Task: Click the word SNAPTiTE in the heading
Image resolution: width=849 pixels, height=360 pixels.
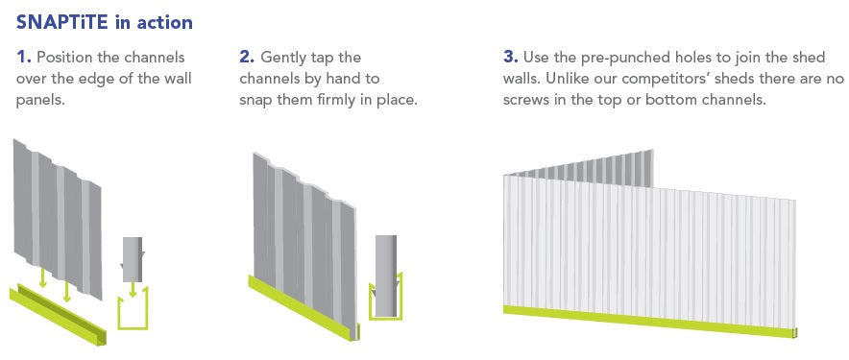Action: tap(62, 23)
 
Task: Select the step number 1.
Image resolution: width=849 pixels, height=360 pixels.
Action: tap(23, 58)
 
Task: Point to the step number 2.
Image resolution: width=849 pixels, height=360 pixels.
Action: tap(247, 58)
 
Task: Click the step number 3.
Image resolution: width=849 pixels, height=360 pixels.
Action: tap(511, 57)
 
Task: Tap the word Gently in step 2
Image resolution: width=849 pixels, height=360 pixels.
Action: tap(286, 58)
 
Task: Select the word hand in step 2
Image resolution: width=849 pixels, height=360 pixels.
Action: tap(343, 79)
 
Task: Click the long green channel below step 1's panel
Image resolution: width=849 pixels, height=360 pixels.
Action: tap(58, 315)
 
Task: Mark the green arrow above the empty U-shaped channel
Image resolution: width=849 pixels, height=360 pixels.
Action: tap(133, 291)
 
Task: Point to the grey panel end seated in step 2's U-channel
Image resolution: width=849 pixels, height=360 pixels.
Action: tap(386, 276)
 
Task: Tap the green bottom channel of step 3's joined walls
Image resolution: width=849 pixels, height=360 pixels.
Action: tap(650, 322)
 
